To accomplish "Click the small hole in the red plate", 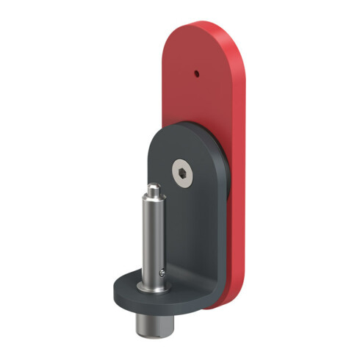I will (196, 73).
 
